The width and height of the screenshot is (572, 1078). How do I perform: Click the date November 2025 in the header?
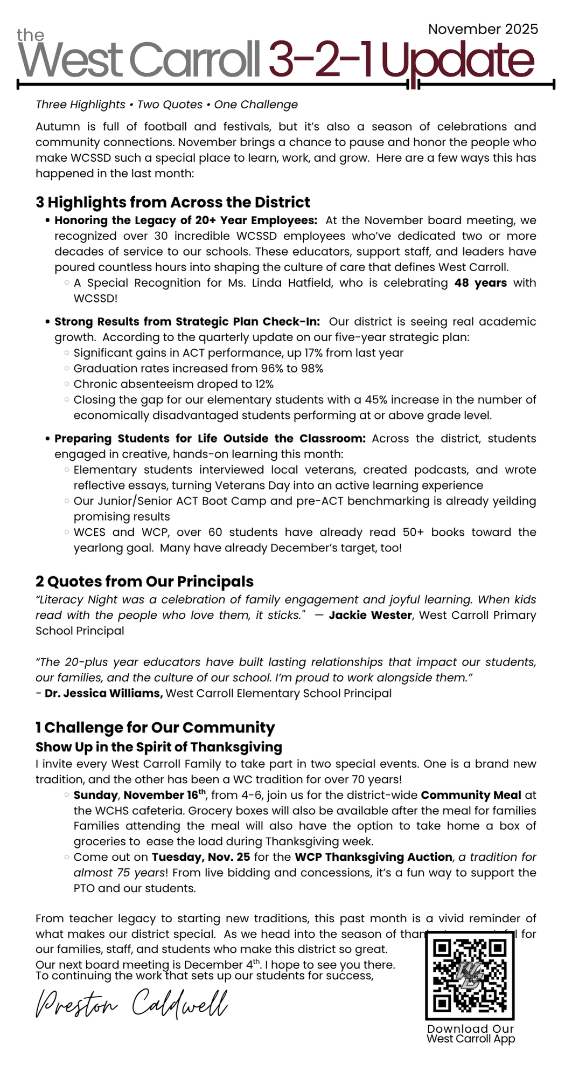coord(483,29)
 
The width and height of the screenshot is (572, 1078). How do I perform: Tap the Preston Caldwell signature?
coord(131,1004)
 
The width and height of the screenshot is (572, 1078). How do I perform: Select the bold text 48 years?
coord(480,283)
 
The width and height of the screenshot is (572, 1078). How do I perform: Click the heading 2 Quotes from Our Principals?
coord(144,582)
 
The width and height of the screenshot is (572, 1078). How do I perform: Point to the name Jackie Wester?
coord(370,616)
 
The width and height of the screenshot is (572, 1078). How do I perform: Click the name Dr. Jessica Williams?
coord(103,693)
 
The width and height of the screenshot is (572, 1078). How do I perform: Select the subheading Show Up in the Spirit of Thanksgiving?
coord(159,747)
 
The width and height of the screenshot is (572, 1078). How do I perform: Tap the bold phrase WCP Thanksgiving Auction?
coord(374,857)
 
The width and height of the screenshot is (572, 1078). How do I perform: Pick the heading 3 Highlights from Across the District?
coord(173,202)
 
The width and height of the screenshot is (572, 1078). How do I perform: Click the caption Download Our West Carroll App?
coord(470,1034)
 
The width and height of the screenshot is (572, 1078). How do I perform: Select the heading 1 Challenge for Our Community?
coord(155,728)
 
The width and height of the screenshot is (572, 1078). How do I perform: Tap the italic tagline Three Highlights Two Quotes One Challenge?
coord(166,105)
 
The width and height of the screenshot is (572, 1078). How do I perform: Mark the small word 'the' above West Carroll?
coord(30,36)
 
